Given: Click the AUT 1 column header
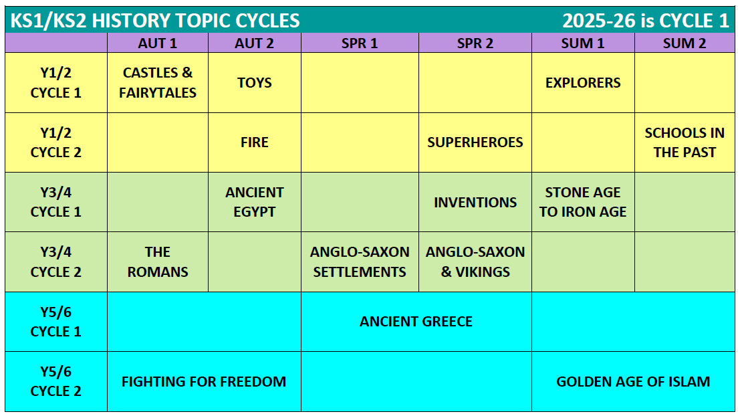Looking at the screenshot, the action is [158, 43].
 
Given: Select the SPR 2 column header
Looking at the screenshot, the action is [475, 43].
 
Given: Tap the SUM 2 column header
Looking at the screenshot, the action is [685, 43].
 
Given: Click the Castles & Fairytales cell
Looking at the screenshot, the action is [158, 83].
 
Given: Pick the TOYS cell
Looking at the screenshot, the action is [255, 83].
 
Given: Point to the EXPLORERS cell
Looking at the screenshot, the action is [583, 83].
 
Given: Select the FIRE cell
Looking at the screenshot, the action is [255, 142].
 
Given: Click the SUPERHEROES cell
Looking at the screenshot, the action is [475, 142].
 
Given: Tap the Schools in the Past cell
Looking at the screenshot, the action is [685, 142].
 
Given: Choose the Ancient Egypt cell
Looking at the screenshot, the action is [255, 202].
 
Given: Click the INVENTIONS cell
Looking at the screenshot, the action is [475, 202].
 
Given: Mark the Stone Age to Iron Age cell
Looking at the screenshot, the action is [583, 202].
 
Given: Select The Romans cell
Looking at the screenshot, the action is [158, 262].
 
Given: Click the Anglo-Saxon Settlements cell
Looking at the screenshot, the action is [360, 262].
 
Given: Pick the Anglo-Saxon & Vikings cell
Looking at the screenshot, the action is [475, 262].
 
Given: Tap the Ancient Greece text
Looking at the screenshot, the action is [416, 322].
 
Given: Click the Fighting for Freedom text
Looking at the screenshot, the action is [204, 381].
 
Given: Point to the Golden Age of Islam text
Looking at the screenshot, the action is [633, 381].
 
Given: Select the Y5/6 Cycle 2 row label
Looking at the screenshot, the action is [55, 381].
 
